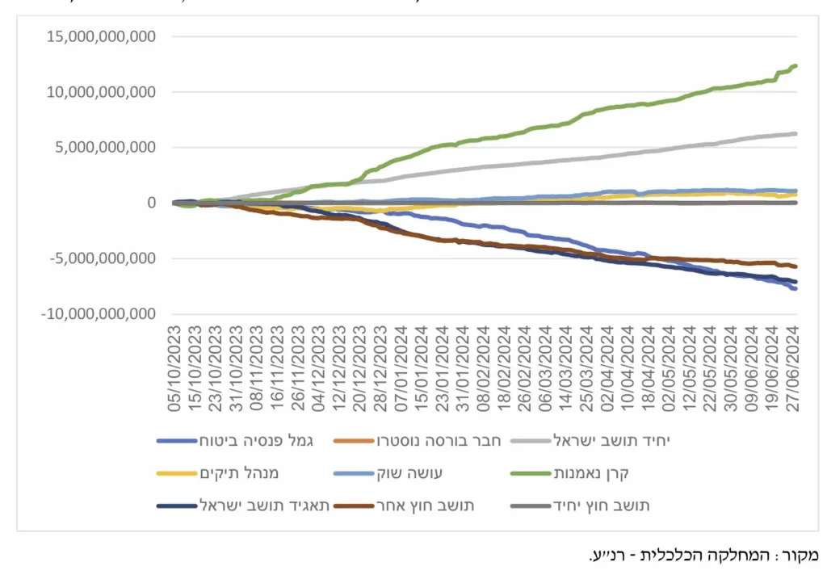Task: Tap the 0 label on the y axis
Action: coord(151,203)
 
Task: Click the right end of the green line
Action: coord(796,66)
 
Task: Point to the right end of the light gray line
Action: coord(796,134)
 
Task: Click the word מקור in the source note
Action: coord(800,556)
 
